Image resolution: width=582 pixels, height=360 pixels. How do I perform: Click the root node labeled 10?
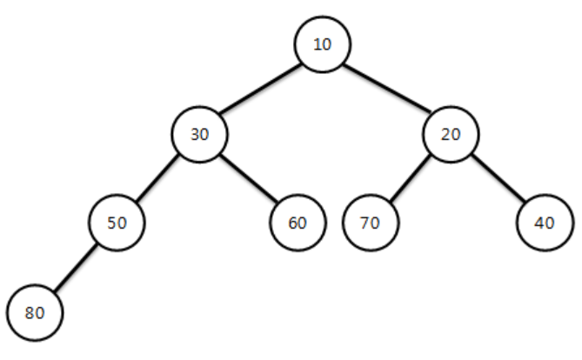tap(323, 44)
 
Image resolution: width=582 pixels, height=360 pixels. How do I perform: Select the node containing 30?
tap(199, 134)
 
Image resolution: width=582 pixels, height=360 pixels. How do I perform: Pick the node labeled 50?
tap(117, 223)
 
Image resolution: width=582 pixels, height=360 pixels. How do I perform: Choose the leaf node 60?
tap(298, 223)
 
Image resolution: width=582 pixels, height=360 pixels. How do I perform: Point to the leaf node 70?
tap(370, 223)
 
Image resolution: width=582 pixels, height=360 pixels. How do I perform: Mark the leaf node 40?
tap(545, 223)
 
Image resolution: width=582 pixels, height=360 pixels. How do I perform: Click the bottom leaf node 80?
tap(35, 312)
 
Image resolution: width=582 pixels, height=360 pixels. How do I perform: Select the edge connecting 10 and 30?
tap(260, 90)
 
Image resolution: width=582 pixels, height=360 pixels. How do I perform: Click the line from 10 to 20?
tap(387, 90)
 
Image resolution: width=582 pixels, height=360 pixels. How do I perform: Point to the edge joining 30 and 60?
tap(249, 178)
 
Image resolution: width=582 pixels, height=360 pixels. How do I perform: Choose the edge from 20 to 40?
tap(498, 178)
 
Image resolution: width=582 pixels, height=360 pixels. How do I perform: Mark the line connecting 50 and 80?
tap(76, 268)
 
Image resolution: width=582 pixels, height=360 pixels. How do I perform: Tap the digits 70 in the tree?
tap(370, 223)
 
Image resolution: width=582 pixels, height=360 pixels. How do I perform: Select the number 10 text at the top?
tap(323, 45)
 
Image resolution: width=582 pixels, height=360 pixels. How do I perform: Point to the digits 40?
tap(545, 223)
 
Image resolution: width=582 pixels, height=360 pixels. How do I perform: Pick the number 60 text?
tap(298, 223)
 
